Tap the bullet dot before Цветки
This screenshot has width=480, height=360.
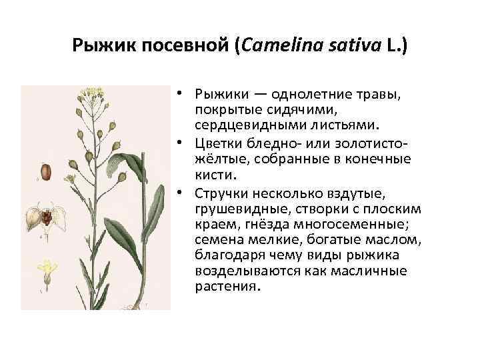183,142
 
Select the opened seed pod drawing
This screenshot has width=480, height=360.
46,217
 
